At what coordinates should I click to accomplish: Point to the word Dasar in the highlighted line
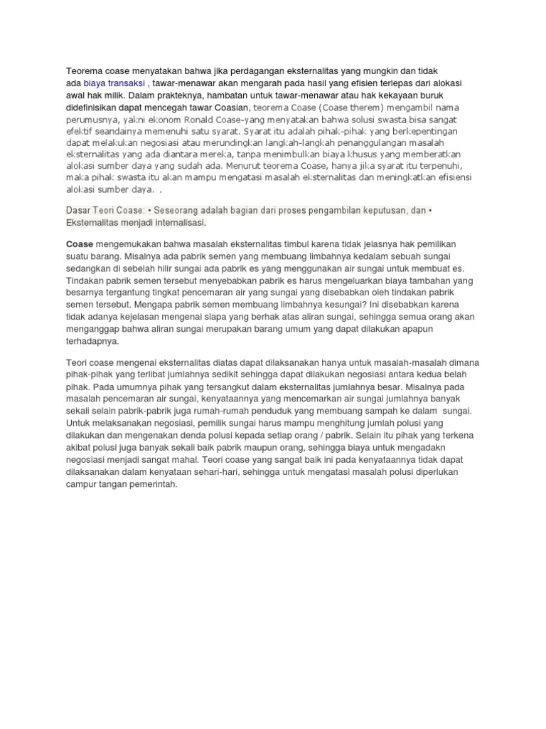pyautogui.click(x=80, y=211)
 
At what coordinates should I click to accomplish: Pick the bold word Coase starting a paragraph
pyautogui.click(x=80, y=244)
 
